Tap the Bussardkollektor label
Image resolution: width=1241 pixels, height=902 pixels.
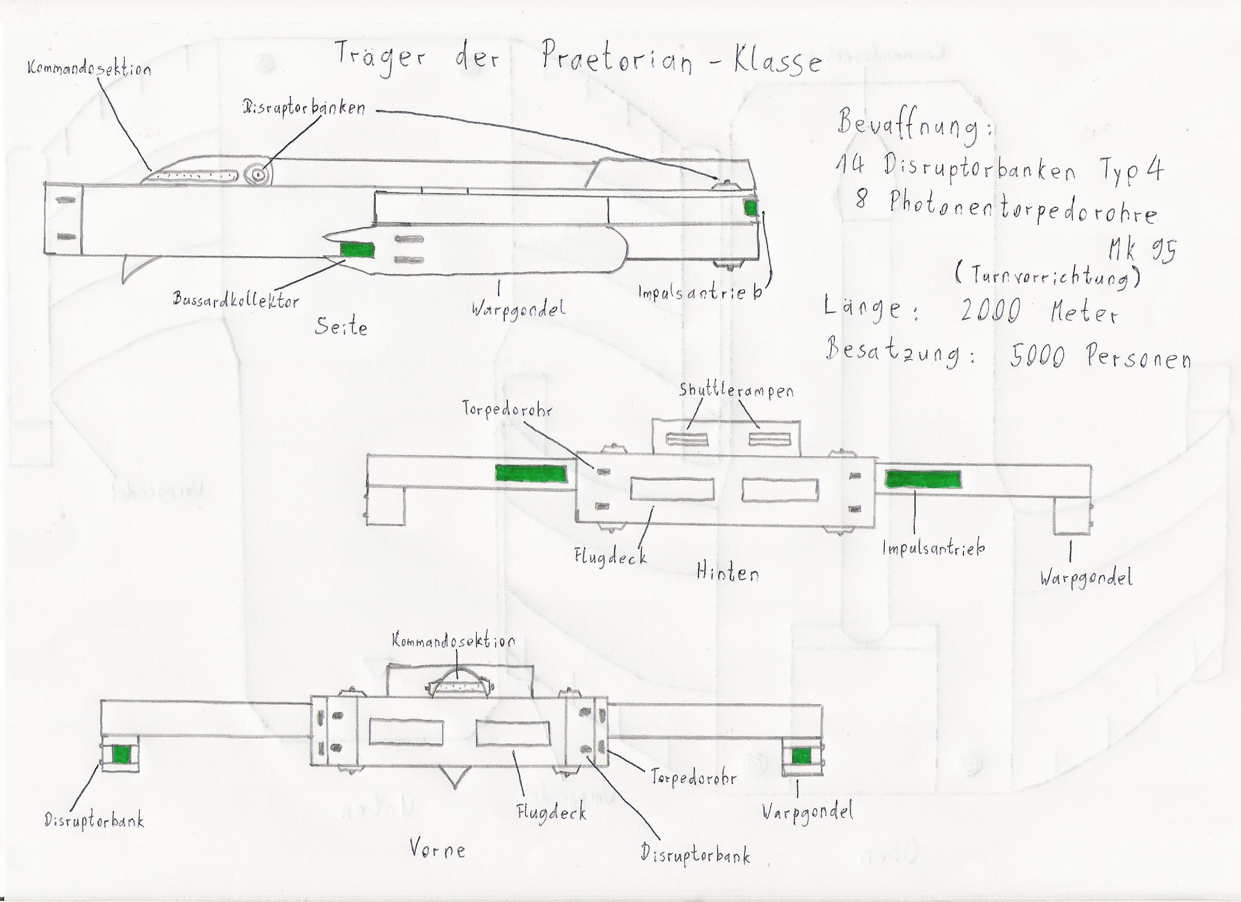236,299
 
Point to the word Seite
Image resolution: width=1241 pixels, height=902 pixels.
340,326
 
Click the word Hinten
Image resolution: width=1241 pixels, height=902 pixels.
727,573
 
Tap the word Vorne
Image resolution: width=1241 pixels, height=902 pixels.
437,849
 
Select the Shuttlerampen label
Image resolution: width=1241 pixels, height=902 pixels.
736,391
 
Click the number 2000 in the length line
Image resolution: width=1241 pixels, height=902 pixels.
990,313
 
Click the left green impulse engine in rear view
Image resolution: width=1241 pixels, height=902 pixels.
531,474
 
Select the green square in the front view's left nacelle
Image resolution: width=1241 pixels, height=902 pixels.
121,756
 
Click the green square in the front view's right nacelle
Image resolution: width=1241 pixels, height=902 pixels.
801,757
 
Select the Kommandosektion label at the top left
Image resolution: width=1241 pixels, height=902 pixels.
89,70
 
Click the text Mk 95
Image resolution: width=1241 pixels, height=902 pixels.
1141,251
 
